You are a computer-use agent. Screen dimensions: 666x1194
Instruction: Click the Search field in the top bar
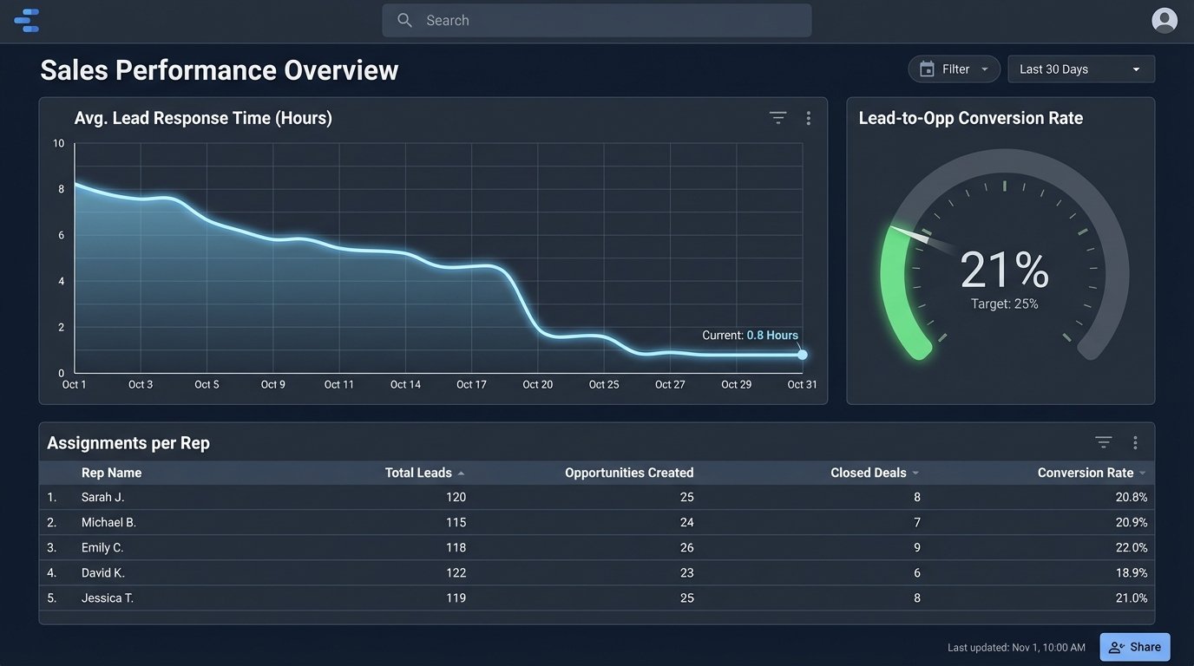tap(596, 20)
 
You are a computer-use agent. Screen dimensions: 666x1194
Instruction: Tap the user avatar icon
tap(1164, 20)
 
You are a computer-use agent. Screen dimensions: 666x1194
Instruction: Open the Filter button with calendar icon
tap(954, 69)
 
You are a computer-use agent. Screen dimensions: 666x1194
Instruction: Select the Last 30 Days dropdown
tap(1080, 69)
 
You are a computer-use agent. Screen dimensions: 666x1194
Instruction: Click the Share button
tap(1134, 647)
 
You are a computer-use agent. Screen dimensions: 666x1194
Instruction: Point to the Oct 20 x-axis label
tap(537, 384)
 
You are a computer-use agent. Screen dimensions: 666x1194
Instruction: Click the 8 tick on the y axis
tap(61, 189)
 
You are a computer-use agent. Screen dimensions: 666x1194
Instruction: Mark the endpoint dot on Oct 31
tap(803, 355)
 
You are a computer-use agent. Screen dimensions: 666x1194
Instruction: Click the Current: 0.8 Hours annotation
tap(750, 336)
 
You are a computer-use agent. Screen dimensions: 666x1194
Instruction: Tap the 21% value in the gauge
tap(1004, 270)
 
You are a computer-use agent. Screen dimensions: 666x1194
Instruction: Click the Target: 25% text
tap(1004, 304)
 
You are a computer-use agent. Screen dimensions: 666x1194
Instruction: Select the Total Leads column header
tap(418, 473)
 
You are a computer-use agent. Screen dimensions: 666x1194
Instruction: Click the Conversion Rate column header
tap(1085, 473)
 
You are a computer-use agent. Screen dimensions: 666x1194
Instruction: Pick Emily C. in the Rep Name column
tap(102, 547)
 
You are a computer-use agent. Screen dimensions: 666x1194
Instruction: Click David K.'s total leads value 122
tap(455, 572)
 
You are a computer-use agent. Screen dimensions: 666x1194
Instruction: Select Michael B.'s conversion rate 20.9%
tap(1132, 522)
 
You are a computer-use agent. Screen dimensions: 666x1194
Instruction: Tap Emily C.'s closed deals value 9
tap(916, 547)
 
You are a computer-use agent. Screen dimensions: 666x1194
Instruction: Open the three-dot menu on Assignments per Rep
tap(1135, 443)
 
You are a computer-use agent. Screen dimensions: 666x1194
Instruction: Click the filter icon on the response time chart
tap(777, 118)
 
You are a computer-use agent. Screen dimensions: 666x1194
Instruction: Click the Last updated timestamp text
tap(1016, 648)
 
